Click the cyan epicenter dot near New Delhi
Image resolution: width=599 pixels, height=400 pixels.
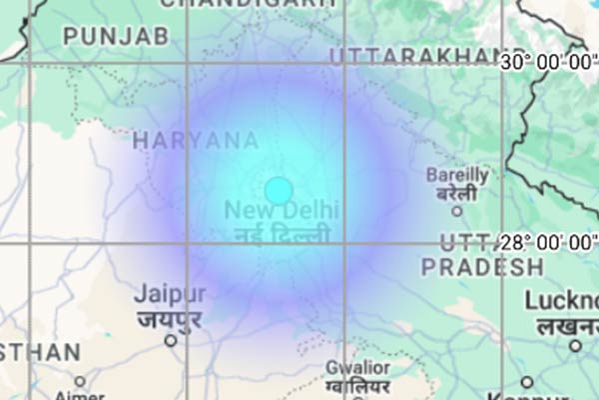pos(279,190)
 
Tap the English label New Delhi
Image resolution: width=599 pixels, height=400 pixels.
pos(282,211)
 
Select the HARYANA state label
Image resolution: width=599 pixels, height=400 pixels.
pos(196,141)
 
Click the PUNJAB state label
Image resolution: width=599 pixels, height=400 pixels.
pos(116,37)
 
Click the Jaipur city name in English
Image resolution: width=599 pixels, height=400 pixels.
pos(170,295)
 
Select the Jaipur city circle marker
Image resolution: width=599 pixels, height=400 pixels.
pos(171,340)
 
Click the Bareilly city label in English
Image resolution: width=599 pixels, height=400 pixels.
pos(457,175)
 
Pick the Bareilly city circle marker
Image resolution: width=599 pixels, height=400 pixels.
pos(457,211)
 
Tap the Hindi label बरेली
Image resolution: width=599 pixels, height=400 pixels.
pos(457,193)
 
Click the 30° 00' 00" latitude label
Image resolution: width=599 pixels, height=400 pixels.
pos(548,62)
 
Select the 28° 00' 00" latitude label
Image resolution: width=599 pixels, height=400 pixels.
pos(548,242)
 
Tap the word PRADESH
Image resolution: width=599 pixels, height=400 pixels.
pos(482,268)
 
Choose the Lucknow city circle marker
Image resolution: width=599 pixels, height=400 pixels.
pos(575,346)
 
